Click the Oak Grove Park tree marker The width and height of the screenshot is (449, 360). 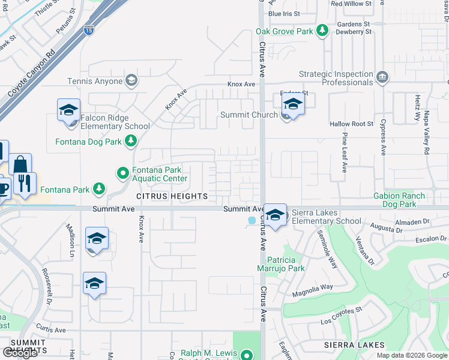tap(322, 31)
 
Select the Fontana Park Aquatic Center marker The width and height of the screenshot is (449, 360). tap(123, 173)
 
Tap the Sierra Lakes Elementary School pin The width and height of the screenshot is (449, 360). tap(275, 215)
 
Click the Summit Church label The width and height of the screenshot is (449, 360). tap(249, 115)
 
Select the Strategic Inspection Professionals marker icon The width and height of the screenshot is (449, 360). tap(382, 77)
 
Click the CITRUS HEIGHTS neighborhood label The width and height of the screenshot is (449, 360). tap(172, 196)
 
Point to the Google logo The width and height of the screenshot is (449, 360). tap(20, 353)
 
